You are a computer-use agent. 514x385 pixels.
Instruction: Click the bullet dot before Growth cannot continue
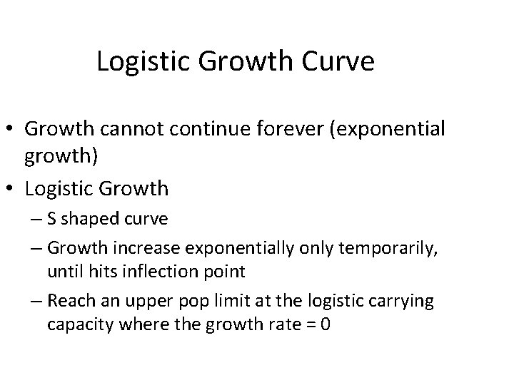[12, 130]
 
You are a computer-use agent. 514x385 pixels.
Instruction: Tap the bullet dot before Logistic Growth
[12, 189]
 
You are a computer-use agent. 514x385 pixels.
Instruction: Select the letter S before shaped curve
[52, 219]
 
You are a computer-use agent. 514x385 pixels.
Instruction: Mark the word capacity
[76, 324]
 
